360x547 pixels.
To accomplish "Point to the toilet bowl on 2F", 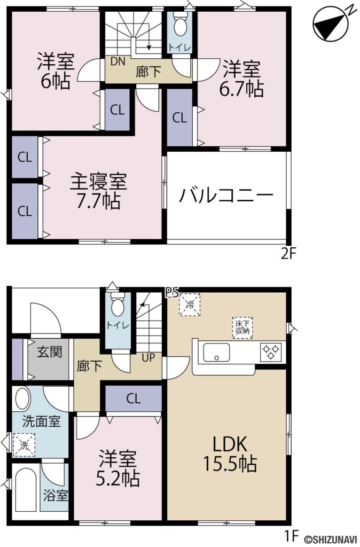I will tap(180, 25).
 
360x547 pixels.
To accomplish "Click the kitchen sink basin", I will tap(216, 353).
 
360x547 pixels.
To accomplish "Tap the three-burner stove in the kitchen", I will tap(270, 352).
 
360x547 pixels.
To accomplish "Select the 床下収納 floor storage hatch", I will tap(242, 326).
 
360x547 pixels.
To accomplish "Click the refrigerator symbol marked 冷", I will tap(189, 305).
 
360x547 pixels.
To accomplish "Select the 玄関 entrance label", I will tap(49, 352).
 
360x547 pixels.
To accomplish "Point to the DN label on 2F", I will tap(118, 61).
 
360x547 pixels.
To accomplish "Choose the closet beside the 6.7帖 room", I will tap(179, 118).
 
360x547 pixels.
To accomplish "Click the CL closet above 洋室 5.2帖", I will tap(134, 398).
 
